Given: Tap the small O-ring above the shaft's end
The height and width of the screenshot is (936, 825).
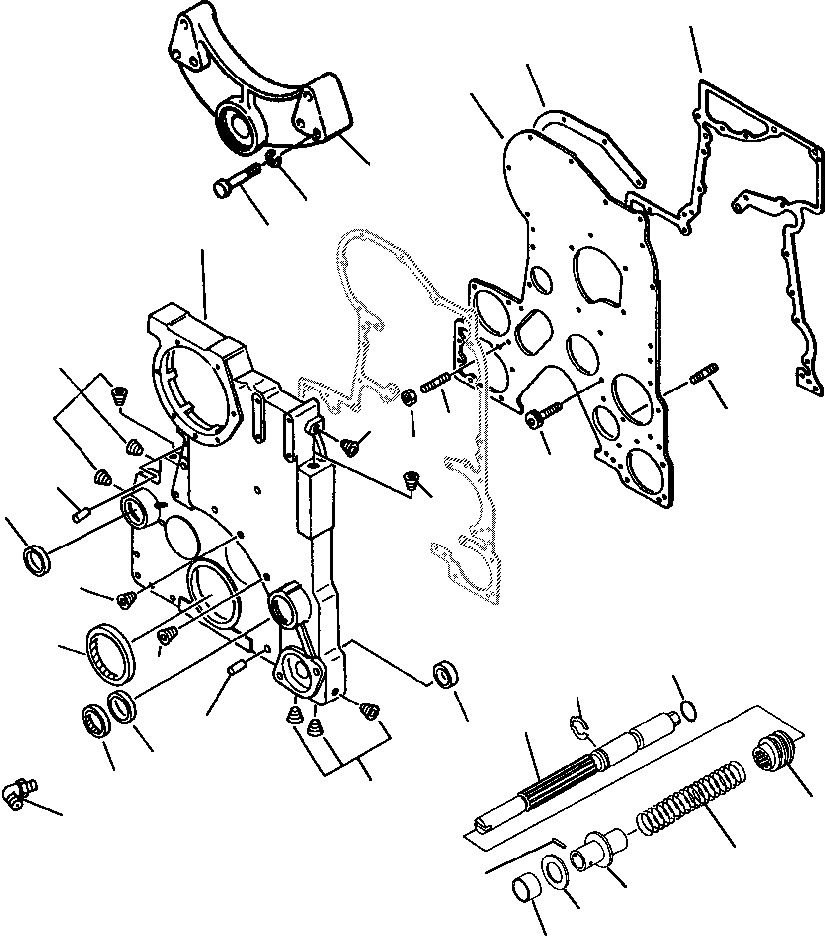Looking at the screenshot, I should pos(685,710).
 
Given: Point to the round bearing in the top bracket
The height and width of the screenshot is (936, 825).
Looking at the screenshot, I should pos(236,130).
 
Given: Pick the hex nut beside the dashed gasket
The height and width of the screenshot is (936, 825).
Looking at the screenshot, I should pos(408,398).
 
